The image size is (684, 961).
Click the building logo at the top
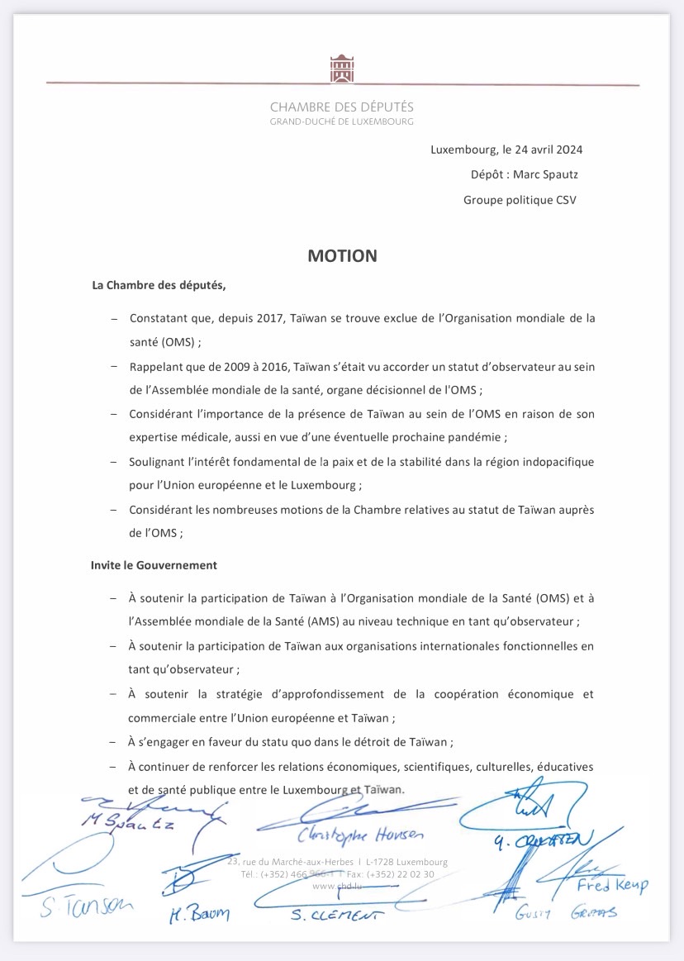342,69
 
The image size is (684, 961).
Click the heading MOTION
342,256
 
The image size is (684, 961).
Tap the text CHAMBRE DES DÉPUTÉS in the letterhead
342,107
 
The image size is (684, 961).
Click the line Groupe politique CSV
520,199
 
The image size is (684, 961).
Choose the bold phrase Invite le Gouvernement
154,565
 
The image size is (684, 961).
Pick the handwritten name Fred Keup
612,885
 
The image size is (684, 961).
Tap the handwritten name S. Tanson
85,907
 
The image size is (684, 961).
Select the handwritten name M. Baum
199,913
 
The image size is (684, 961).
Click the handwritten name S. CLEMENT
337,914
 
